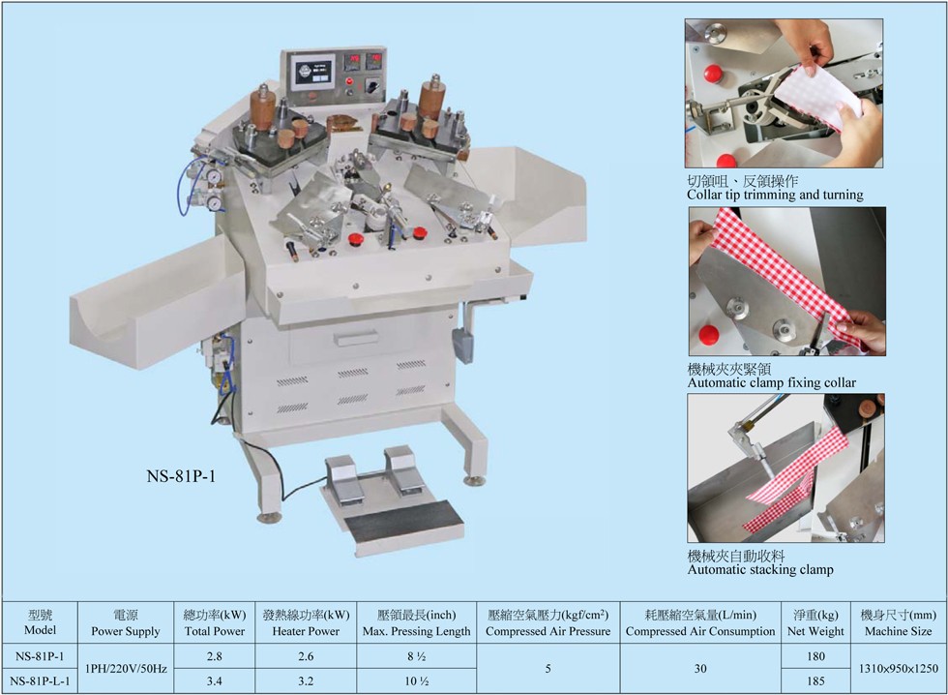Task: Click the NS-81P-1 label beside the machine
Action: click(181, 476)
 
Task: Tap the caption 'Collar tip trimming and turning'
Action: click(775, 195)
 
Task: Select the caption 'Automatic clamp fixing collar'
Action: click(772, 383)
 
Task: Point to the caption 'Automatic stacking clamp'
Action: click(760, 570)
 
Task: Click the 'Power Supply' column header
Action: click(125, 631)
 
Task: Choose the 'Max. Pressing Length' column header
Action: click(416, 631)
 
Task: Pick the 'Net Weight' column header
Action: click(815, 631)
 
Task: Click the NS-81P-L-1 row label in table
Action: click(40, 681)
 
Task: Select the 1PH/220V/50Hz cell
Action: click(126, 669)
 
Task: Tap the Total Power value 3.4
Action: click(214, 681)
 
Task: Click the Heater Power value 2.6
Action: click(306, 656)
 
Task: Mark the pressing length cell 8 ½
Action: click(417, 656)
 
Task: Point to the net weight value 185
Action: click(815, 681)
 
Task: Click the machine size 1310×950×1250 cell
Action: click(899, 669)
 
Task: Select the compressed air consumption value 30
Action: click(700, 669)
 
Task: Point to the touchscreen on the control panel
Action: click(312, 73)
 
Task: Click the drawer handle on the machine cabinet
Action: click(357, 338)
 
